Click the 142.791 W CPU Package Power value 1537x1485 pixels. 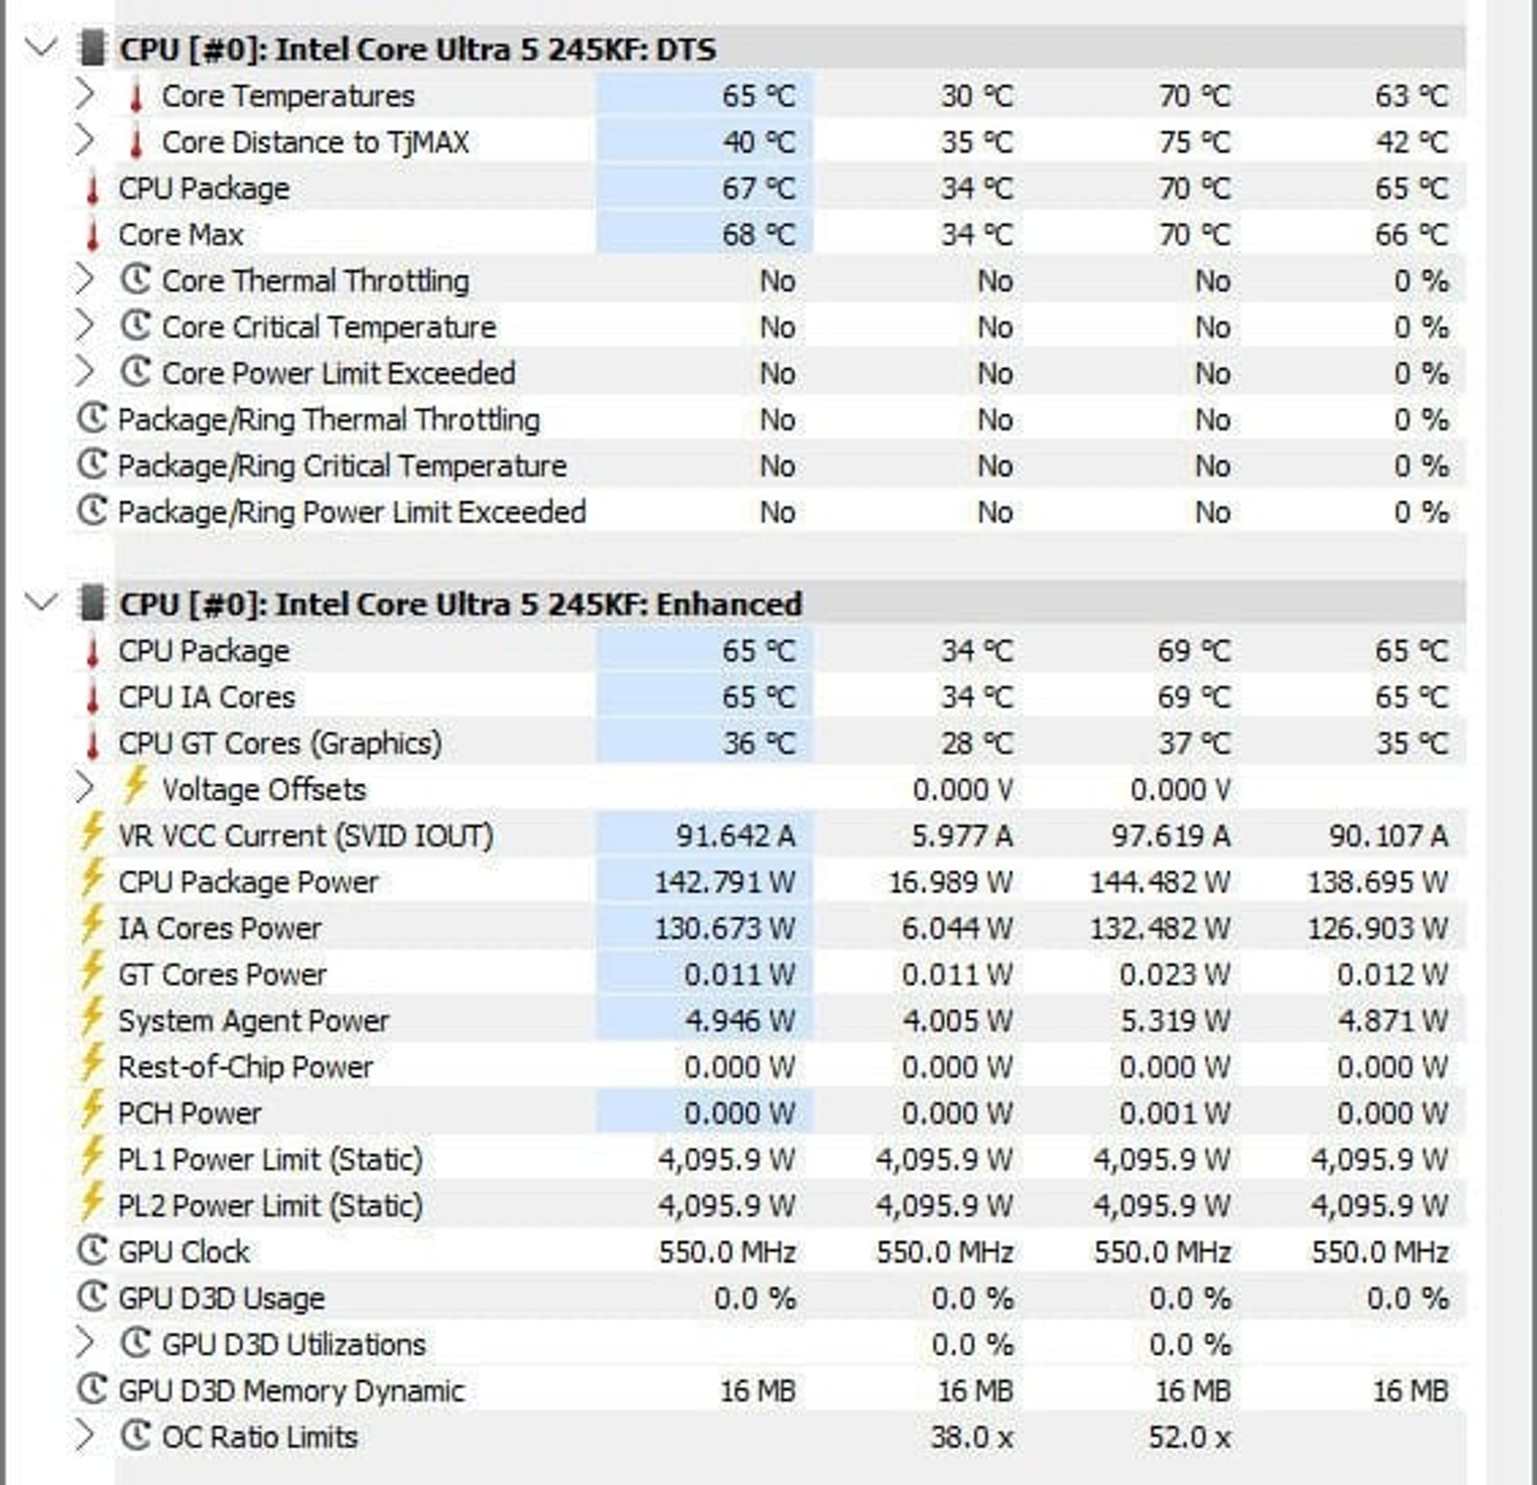(725, 882)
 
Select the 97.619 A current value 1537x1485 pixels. (1170, 836)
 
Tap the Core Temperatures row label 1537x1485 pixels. (288, 96)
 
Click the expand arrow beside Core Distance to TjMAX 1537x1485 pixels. (84, 142)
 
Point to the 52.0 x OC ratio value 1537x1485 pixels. (1190, 1437)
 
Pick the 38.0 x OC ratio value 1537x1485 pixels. (972, 1437)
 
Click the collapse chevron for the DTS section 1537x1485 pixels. (41, 46)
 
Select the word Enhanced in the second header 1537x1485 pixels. (728, 604)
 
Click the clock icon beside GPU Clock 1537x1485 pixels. (92, 1250)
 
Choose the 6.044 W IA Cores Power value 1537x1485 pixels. (957, 929)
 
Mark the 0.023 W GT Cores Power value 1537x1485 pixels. (1174, 974)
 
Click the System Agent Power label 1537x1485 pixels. (254, 1021)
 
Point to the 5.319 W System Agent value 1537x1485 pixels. (1174, 1021)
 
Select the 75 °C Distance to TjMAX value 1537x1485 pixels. (1194, 142)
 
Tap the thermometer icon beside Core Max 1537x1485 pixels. (92, 235)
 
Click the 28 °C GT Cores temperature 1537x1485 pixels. (977, 744)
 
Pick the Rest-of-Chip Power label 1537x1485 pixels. (245, 1067)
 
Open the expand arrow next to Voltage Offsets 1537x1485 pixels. (84, 789)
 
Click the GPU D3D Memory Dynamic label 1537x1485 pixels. (291, 1391)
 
